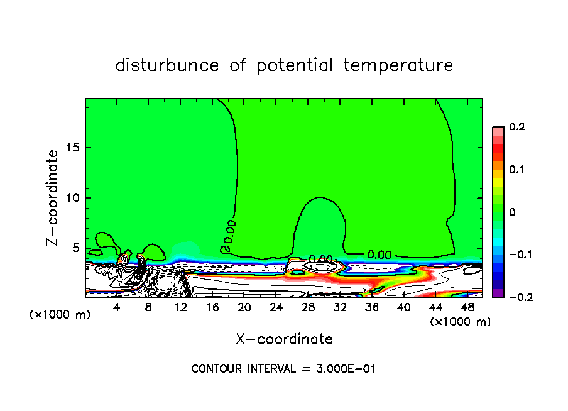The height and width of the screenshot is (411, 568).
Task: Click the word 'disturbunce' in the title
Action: (167, 65)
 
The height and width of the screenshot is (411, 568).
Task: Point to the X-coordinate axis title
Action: (284, 339)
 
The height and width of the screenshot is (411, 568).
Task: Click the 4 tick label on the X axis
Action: (117, 308)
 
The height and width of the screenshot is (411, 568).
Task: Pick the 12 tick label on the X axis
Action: (180, 308)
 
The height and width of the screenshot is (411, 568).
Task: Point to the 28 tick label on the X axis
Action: (308, 308)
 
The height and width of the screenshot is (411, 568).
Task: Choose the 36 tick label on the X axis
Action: (371, 308)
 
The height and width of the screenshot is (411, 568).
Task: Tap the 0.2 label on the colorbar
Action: (517, 127)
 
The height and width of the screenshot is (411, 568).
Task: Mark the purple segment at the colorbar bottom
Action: (498, 293)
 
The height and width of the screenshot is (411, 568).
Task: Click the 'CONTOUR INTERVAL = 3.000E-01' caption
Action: (283, 368)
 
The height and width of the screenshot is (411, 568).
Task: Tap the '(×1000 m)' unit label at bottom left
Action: (60, 314)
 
